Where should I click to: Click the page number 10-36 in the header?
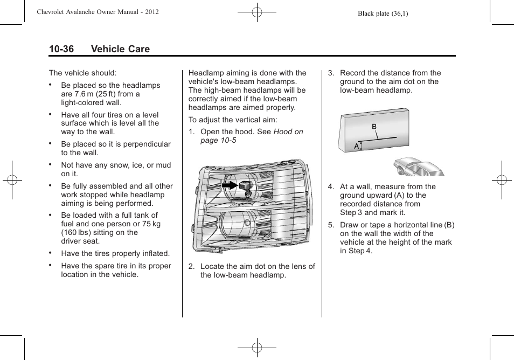[x=61, y=49]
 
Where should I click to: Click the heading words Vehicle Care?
[x=120, y=49]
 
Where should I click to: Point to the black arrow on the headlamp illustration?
[x=230, y=185]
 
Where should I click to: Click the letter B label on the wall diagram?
[x=374, y=127]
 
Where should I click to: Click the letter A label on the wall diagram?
[x=356, y=146]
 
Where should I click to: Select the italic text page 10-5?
[x=218, y=140]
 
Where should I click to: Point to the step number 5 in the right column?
[x=331, y=225]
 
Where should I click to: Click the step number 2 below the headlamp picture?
[x=191, y=266]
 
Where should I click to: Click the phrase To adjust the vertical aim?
[x=233, y=120]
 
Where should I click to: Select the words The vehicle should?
[x=82, y=73]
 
